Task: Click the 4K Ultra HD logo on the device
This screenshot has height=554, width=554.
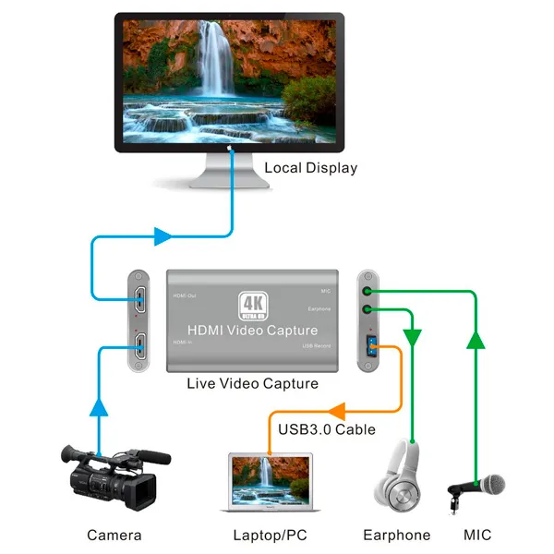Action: tap(253, 305)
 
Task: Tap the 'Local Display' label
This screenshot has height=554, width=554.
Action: tap(310, 168)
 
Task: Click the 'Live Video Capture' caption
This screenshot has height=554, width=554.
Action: tap(252, 383)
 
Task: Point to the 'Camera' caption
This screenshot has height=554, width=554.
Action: tap(114, 535)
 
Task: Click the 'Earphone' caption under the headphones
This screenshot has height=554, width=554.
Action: tap(397, 535)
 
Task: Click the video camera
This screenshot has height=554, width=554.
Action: tap(111, 476)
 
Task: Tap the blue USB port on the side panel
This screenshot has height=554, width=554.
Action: tap(368, 348)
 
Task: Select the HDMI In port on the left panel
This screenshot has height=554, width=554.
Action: tap(138, 347)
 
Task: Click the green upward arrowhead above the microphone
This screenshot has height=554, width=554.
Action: tap(475, 341)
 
